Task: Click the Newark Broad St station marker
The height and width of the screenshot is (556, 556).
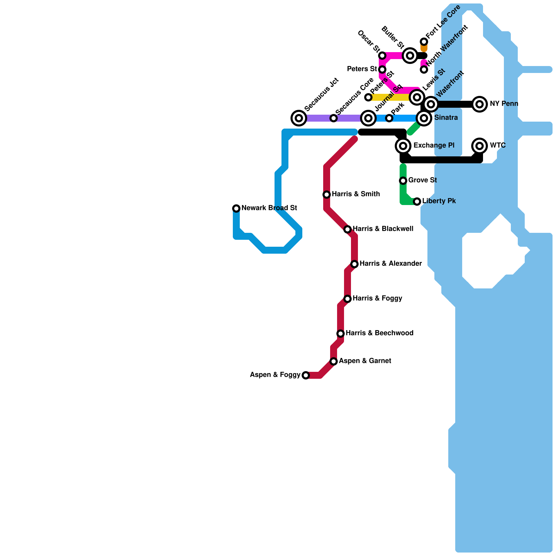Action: click(x=236, y=208)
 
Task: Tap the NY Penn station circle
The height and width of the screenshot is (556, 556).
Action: click(x=480, y=104)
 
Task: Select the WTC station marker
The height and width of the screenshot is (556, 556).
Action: click(x=480, y=146)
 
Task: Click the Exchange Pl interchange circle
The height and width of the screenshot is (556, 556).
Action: click(x=403, y=146)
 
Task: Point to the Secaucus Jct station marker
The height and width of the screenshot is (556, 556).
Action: click(x=299, y=118)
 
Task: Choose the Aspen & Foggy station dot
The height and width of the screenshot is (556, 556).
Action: click(x=306, y=375)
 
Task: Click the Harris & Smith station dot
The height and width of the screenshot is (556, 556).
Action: click(x=327, y=195)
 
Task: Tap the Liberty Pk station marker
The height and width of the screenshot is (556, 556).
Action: click(x=417, y=202)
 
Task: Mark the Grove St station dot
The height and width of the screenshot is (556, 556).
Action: click(x=403, y=181)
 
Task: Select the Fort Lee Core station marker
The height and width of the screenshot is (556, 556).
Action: click(x=424, y=42)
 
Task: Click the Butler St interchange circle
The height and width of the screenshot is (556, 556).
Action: click(x=410, y=56)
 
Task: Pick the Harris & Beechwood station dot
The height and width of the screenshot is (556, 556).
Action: click(x=341, y=334)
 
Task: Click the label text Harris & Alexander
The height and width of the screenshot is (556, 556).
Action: click(x=391, y=264)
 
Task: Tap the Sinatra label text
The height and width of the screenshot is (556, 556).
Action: click(x=446, y=118)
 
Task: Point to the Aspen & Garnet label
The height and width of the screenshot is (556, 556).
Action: click(x=365, y=361)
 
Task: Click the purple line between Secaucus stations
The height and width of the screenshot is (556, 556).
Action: click(x=316, y=118)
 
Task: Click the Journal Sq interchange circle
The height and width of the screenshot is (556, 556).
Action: click(x=368, y=118)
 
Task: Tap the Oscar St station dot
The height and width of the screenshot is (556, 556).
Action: click(x=382, y=56)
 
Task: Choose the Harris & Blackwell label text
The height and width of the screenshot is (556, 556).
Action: click(x=383, y=229)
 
